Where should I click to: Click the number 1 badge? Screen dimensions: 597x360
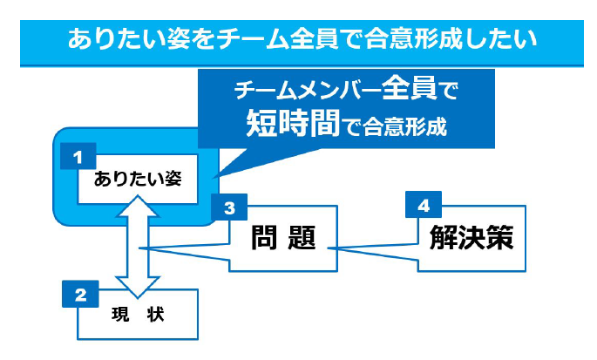click(x=78, y=156)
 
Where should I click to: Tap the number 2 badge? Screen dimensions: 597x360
click(x=80, y=294)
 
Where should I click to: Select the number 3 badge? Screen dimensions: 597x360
click(x=229, y=207)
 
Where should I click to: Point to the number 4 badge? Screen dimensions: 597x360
click(x=424, y=205)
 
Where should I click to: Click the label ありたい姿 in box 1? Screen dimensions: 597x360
click(x=138, y=179)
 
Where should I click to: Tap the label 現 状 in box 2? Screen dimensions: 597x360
click(x=138, y=315)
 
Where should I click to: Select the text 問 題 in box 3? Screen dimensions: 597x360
click(x=283, y=237)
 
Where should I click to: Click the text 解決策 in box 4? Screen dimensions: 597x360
click(x=471, y=237)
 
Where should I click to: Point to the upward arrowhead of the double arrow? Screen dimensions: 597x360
click(x=138, y=206)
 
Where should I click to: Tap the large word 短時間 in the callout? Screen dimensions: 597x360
click(x=293, y=123)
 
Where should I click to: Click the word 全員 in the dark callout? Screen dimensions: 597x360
click(x=409, y=88)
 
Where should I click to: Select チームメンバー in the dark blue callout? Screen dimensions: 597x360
click(x=308, y=91)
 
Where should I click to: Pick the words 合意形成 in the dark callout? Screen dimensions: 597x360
click(x=404, y=127)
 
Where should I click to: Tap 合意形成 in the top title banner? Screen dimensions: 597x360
click(x=413, y=39)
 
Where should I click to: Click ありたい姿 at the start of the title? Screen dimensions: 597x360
click(x=128, y=39)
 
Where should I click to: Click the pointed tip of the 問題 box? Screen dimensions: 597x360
click(x=139, y=248)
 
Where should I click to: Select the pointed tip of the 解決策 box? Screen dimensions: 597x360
click(x=329, y=248)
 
